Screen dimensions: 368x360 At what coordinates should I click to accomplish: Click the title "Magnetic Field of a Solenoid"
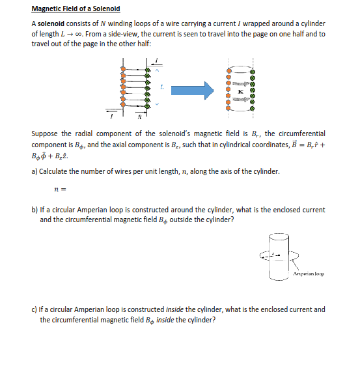coord(76,9)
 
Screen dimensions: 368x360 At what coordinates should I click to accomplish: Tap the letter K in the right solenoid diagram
coord(242,92)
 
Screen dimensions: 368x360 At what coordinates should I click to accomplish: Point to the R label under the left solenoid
coord(139,117)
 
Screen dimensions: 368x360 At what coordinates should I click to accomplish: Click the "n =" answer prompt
coord(62,190)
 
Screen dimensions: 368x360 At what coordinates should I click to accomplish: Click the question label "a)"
coord(35,171)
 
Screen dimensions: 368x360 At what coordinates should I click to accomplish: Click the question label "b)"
coord(35,210)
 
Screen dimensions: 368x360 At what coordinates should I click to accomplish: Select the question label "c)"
coord(35,309)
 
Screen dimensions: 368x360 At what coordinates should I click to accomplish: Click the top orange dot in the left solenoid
coord(123,68)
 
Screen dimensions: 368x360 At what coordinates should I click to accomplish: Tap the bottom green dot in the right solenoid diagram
coord(253,107)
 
